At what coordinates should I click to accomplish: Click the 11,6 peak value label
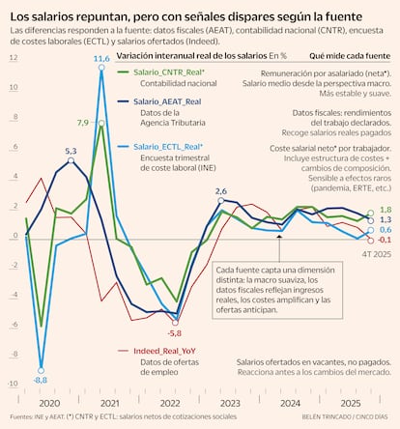pyautogui.click(x=101, y=60)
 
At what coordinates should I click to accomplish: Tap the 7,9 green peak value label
pyautogui.click(x=83, y=123)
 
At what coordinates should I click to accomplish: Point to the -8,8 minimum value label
pyautogui.click(x=41, y=381)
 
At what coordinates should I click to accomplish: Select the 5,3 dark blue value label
pyautogui.click(x=71, y=151)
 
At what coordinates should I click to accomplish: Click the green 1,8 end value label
pyautogui.click(x=386, y=210)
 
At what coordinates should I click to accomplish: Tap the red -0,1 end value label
pyautogui.click(x=384, y=239)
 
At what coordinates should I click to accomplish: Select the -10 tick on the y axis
pyautogui.click(x=13, y=384)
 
